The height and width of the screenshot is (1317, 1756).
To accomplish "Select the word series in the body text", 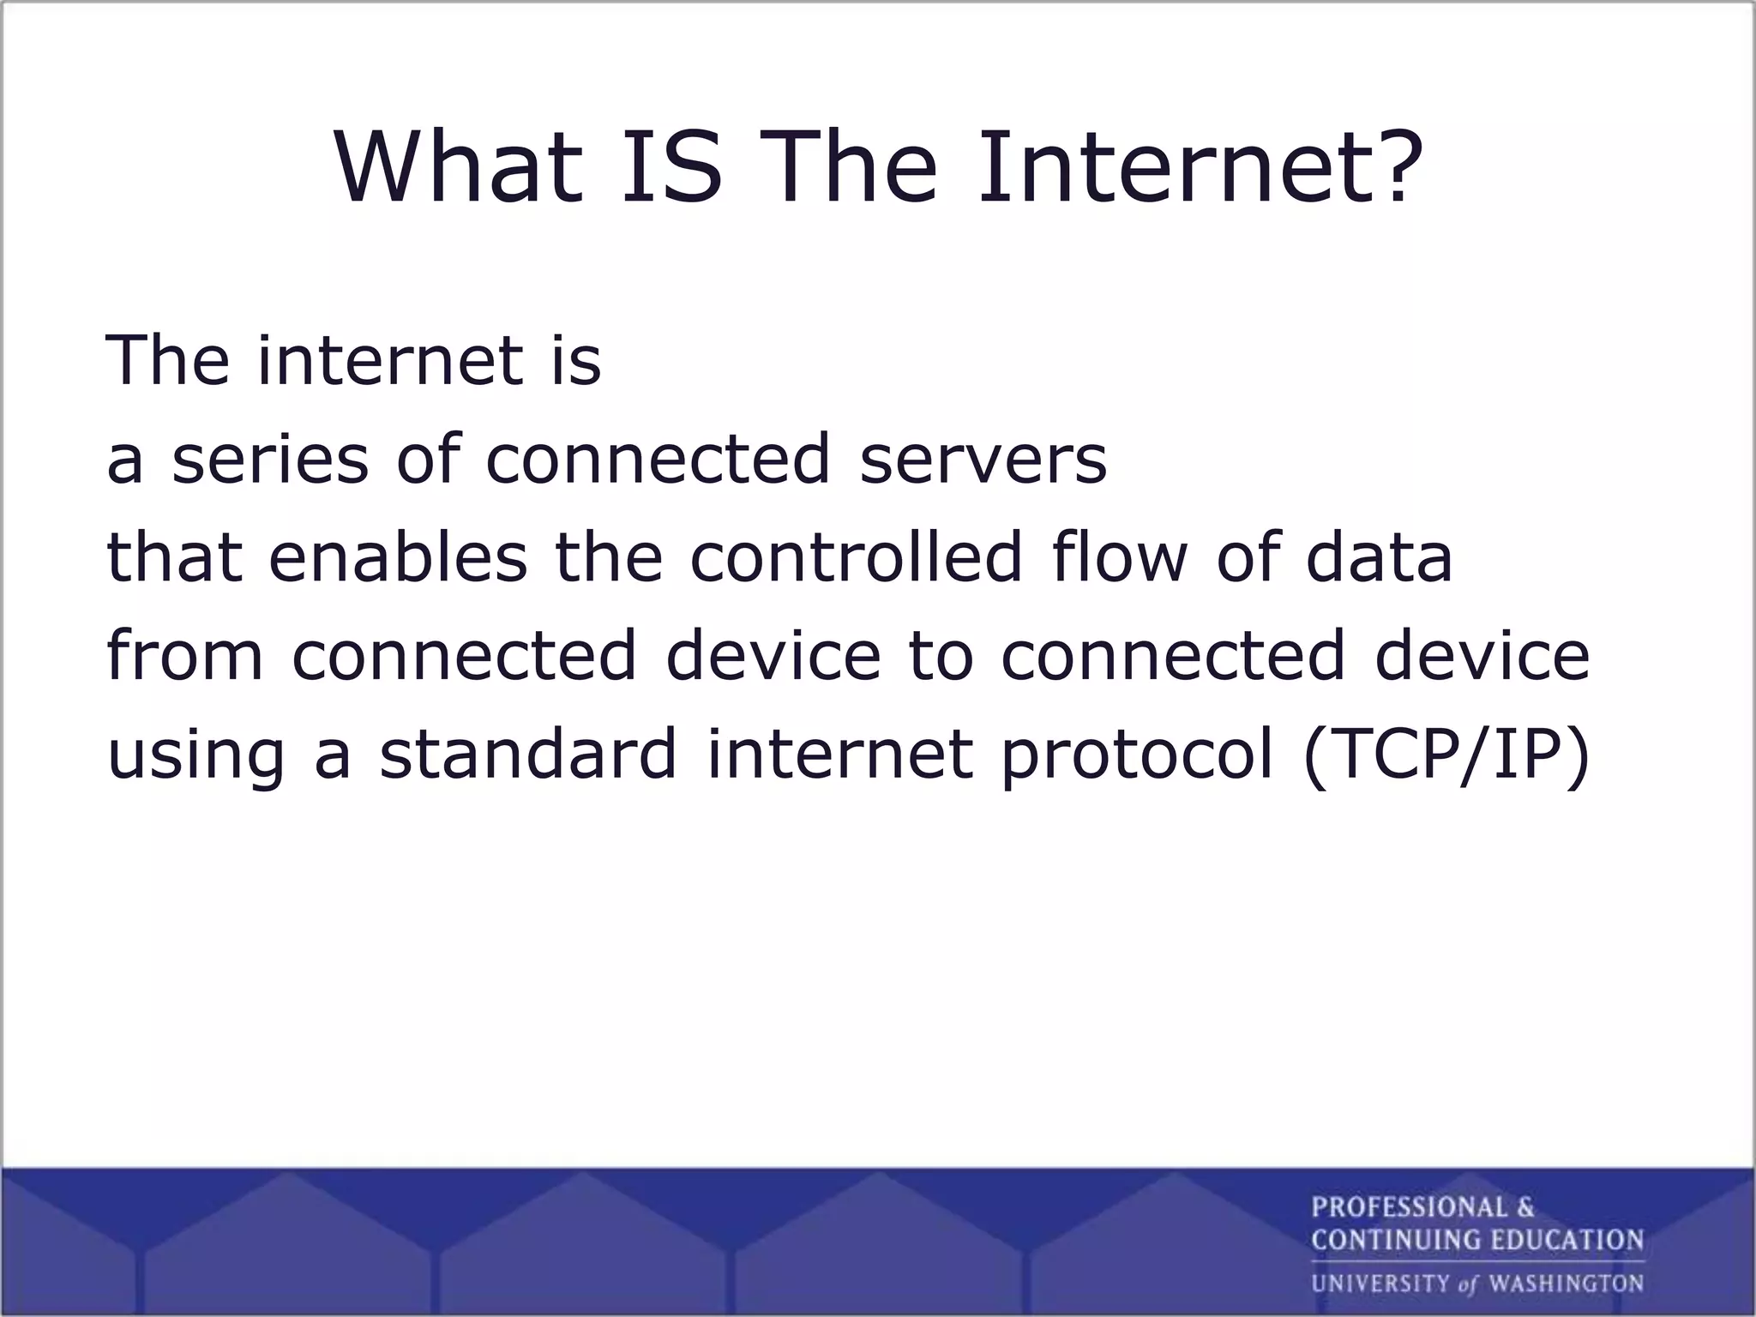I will click(x=270, y=460).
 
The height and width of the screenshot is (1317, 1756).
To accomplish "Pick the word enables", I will click(x=398, y=557).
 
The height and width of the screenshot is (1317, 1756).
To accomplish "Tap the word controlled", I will click(x=856, y=557).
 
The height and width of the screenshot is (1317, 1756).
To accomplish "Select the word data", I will click(x=1380, y=557).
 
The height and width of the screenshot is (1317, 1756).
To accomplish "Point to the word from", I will click(x=184, y=656).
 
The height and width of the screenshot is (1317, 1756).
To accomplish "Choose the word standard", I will click(x=528, y=755).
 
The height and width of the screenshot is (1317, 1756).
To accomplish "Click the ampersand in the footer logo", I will click(x=1525, y=1207).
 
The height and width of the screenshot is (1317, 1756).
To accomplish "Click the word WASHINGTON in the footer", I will click(x=1566, y=1284).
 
